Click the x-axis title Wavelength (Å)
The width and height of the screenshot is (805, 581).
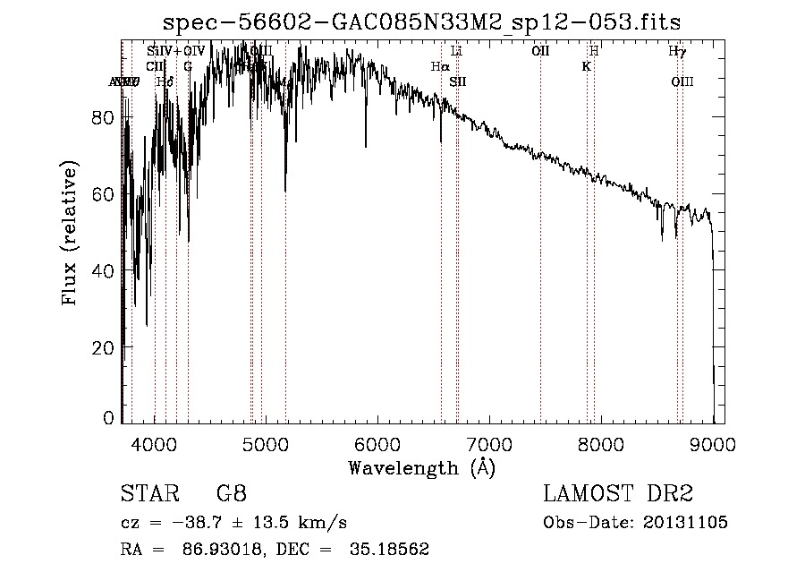[421, 467]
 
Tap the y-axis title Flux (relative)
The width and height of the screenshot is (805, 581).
[70, 234]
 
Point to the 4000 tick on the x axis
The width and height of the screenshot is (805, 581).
[155, 442]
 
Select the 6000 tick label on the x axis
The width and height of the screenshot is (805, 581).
[378, 442]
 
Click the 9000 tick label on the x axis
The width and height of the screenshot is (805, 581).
[713, 442]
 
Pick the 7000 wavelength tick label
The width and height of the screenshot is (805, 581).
[490, 442]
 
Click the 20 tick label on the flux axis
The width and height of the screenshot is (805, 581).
[104, 346]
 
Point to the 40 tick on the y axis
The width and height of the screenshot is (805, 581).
[104, 270]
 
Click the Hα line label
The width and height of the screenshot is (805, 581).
[439, 66]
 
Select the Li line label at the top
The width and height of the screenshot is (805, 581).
[456, 51]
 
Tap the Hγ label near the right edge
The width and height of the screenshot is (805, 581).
[677, 51]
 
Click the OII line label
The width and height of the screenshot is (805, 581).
[540, 51]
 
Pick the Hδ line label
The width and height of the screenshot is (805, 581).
[164, 82]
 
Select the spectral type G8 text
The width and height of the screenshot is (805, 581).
[231, 494]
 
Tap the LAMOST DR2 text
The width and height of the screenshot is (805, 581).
[618, 494]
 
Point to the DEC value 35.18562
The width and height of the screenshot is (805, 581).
[391, 550]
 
